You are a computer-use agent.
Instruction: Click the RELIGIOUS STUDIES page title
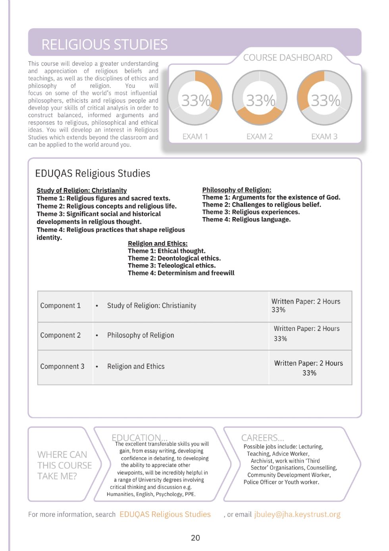pos(104,45)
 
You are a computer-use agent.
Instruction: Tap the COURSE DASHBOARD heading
pos(287,58)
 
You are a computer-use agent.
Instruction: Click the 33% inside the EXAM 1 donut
pos(195,101)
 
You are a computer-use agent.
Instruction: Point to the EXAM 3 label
pos(324,136)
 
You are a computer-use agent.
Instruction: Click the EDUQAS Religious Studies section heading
pos(92,173)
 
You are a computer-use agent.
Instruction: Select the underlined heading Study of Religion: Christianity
pos(81,190)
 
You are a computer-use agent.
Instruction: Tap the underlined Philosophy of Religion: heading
pos(237,190)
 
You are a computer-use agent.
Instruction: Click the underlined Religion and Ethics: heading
pos(158,243)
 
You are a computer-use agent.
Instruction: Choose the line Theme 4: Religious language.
pos(246,219)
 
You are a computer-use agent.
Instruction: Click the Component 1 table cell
pos(60,305)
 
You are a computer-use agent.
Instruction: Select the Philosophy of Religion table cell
pos(141,335)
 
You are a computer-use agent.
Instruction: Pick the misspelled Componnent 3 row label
pos(62,366)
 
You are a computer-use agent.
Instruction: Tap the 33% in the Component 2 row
pos(280,339)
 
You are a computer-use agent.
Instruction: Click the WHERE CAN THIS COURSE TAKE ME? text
pos(64,465)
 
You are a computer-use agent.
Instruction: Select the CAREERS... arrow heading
pos(262,438)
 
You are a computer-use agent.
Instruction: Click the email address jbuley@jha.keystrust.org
pos(297,514)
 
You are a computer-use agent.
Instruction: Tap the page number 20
pos(195,537)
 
